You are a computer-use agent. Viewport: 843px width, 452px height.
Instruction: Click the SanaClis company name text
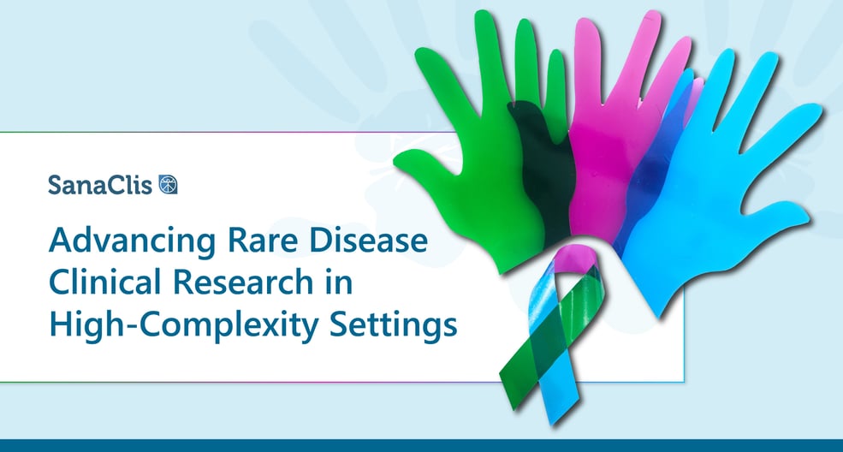pos(100,185)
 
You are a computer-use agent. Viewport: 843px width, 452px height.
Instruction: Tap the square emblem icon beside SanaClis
pos(169,184)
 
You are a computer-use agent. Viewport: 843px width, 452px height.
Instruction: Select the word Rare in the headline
pos(262,241)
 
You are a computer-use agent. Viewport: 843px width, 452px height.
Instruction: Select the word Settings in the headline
pos(393,325)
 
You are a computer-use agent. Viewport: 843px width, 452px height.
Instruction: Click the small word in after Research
pos(339,282)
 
